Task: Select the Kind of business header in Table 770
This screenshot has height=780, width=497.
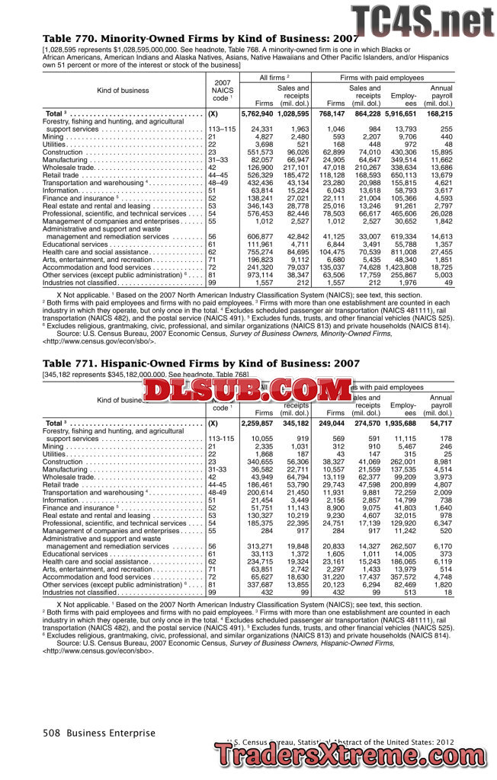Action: coord(123,90)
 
